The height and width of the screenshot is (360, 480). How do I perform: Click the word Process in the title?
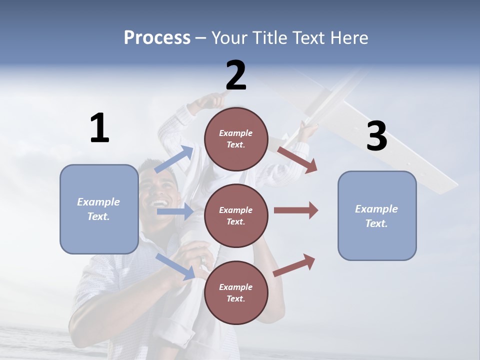click(x=157, y=38)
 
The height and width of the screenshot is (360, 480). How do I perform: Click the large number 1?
click(x=99, y=128)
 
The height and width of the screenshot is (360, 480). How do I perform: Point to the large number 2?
click(x=236, y=75)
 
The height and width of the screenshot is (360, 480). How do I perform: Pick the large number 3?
click(x=376, y=136)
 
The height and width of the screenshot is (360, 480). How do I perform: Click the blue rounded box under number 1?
click(x=99, y=209)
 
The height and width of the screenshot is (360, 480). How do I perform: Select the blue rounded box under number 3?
click(x=377, y=216)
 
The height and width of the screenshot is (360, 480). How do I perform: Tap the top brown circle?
click(x=236, y=139)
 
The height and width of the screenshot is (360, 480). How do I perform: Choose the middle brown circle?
click(x=236, y=215)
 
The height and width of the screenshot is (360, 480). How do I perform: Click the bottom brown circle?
click(x=236, y=292)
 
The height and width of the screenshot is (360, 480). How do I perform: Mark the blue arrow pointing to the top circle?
click(x=174, y=159)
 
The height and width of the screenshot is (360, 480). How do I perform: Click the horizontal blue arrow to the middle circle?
click(x=174, y=212)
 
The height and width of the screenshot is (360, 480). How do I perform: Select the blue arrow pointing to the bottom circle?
click(x=175, y=265)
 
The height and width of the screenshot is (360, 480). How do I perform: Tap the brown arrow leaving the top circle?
click(x=297, y=159)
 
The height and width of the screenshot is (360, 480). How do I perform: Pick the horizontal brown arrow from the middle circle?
click(x=296, y=210)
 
